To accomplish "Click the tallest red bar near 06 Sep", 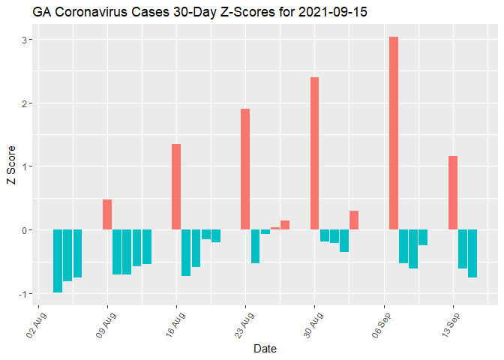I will pyautogui.click(x=394, y=133).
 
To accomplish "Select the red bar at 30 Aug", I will pyautogui.click(x=314, y=153).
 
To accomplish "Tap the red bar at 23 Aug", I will pyautogui.click(x=245, y=169).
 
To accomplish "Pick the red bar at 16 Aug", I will pyautogui.click(x=176, y=187).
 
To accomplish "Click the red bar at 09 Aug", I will pyautogui.click(x=107, y=214).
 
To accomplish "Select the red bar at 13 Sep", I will pyautogui.click(x=453, y=193).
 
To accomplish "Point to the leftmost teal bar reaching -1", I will pyautogui.click(x=58, y=261).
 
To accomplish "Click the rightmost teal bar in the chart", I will pyautogui.click(x=472, y=253).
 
